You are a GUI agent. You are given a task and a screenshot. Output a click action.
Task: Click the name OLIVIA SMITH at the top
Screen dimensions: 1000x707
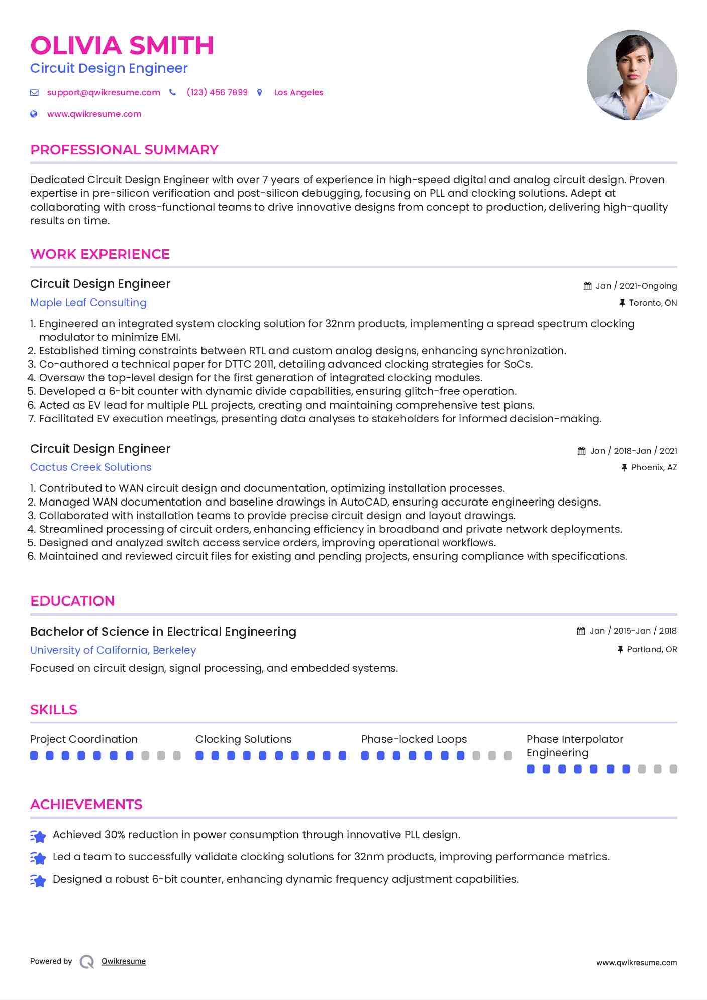pos(122,46)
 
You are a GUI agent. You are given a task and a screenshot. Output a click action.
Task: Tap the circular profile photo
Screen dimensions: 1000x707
pos(632,75)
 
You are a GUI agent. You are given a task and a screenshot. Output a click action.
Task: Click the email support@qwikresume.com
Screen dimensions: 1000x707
pos(104,92)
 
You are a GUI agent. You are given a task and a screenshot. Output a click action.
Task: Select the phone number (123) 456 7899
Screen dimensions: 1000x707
pos(217,92)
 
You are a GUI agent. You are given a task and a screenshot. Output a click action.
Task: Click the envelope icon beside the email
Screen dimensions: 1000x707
pos(34,92)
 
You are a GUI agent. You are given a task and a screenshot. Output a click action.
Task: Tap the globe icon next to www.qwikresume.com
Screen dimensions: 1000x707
pos(34,114)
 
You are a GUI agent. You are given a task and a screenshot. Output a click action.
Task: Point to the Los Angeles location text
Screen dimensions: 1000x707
pos(298,92)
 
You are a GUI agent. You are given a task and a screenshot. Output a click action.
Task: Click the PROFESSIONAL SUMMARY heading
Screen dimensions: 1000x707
pos(124,150)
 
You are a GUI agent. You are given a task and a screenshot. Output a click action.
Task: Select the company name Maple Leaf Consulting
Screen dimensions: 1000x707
pos(88,303)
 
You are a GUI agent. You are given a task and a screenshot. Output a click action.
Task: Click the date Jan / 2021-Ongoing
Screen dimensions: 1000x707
pos(636,286)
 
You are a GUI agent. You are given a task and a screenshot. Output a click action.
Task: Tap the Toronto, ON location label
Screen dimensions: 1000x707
pos(653,303)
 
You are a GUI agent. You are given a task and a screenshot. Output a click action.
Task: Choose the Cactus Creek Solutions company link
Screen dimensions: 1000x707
pos(90,467)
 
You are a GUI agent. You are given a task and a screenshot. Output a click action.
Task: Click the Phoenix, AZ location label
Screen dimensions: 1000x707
pos(654,467)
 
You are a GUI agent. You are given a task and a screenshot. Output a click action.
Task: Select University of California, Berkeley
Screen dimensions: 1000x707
pos(113,650)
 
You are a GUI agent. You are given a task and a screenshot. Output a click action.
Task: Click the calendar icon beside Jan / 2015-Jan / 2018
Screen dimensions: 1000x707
pos(581,631)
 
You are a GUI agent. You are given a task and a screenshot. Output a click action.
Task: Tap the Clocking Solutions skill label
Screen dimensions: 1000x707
pos(243,739)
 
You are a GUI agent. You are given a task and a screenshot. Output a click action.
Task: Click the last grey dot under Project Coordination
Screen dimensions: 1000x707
pos(177,755)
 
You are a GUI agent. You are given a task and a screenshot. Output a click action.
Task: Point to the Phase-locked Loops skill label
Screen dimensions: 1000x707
pos(414,739)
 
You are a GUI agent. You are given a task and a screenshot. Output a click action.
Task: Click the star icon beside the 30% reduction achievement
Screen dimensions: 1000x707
pos(38,836)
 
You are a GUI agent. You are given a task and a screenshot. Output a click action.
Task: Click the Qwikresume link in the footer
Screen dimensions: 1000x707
pos(124,961)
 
